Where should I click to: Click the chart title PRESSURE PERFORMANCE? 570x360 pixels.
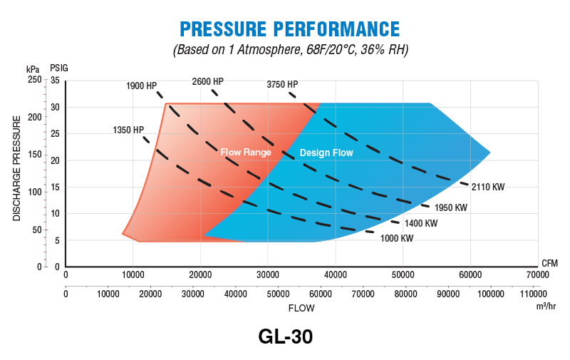289,29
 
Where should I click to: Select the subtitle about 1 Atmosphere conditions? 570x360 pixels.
289,50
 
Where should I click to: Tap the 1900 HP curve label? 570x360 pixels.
141,86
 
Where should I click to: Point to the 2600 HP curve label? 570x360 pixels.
207,81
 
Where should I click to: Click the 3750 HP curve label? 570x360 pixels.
282,84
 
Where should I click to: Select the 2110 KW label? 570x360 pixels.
489,187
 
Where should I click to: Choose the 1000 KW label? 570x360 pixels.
397,239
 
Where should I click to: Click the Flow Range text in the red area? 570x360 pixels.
245,153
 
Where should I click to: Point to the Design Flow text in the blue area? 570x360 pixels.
326,153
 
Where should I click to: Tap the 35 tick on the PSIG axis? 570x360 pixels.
55,81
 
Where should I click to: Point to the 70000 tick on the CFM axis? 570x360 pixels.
537,274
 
